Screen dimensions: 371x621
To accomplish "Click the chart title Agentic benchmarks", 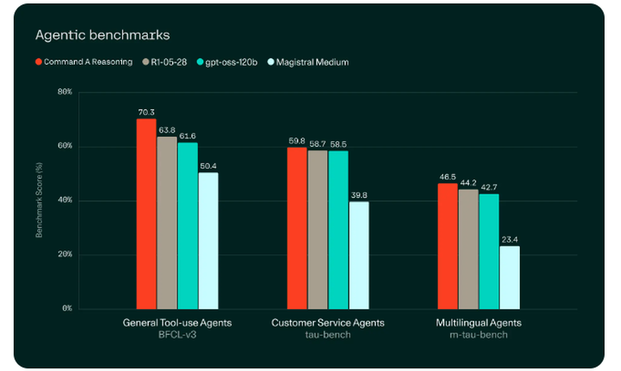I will pyautogui.click(x=102, y=35).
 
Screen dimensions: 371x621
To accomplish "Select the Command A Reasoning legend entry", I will pyautogui.click(x=84, y=62).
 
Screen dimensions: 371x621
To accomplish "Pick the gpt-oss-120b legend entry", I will pyautogui.click(x=227, y=62).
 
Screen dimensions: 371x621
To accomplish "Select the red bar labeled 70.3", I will pyautogui.click(x=147, y=214).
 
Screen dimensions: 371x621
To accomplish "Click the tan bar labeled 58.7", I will pyautogui.click(x=317, y=229).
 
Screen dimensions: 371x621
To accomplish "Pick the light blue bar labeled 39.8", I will pyautogui.click(x=358, y=255).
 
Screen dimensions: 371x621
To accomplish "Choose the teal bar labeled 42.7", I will pyautogui.click(x=489, y=251).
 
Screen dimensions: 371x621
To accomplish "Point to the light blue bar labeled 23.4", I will pyautogui.click(x=509, y=277).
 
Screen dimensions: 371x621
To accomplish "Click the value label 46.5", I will pyautogui.click(x=448, y=177).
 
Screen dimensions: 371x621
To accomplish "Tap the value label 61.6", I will pyautogui.click(x=188, y=135).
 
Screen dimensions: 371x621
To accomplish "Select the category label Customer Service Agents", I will pyautogui.click(x=328, y=323).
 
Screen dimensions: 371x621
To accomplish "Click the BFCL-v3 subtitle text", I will pyautogui.click(x=177, y=335).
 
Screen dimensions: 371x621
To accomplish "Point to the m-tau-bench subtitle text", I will pyautogui.click(x=478, y=335).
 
